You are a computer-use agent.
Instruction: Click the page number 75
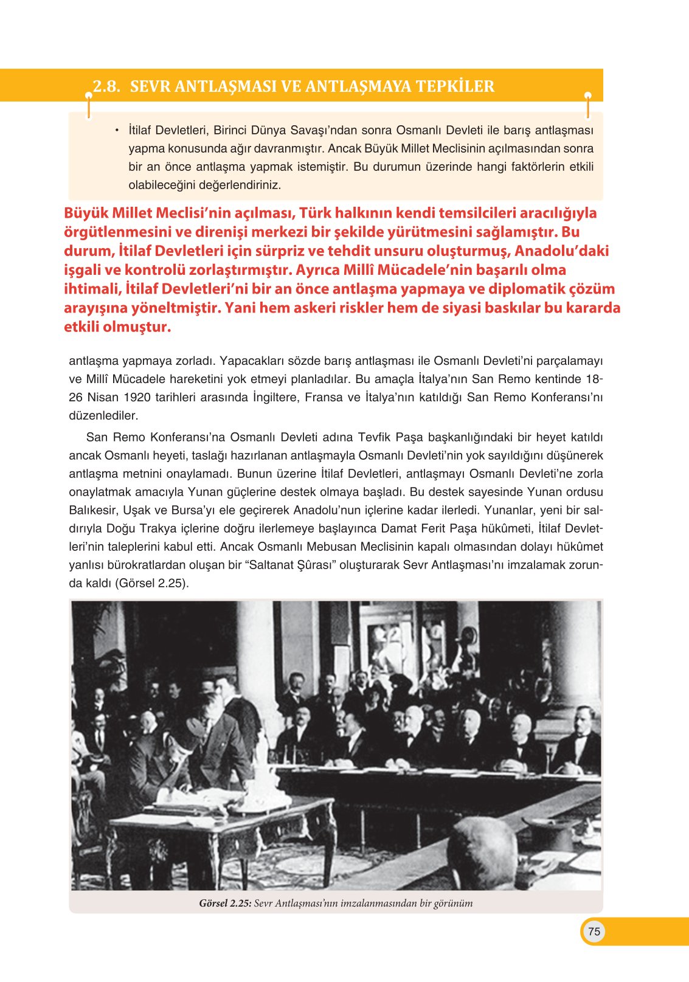pyautogui.click(x=594, y=932)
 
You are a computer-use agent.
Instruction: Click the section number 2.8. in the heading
pyautogui.click(x=106, y=86)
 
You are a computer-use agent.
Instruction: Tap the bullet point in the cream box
pyautogui.click(x=116, y=130)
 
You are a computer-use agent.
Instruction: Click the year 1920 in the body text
pyautogui.click(x=137, y=398)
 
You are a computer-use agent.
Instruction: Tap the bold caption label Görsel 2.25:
pyautogui.click(x=225, y=903)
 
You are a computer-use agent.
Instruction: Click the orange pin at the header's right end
pyautogui.click(x=587, y=96)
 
